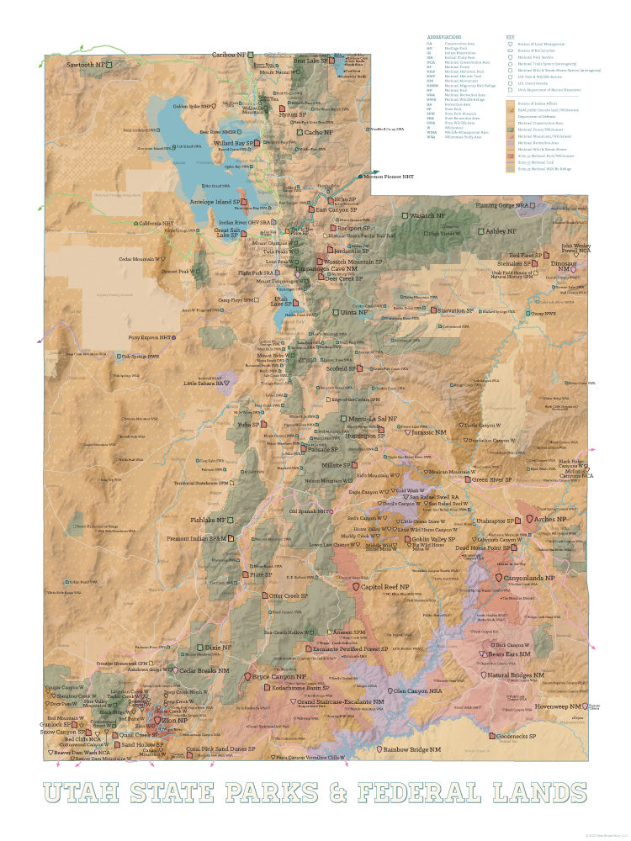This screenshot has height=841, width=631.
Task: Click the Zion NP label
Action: [x=174, y=721]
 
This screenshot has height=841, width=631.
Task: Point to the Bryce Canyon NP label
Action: [x=279, y=676]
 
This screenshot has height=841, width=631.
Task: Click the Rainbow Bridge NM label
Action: [x=412, y=748]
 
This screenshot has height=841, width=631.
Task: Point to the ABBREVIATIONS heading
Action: [x=444, y=37]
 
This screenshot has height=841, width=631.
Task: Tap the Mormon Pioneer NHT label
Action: [x=390, y=177]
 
